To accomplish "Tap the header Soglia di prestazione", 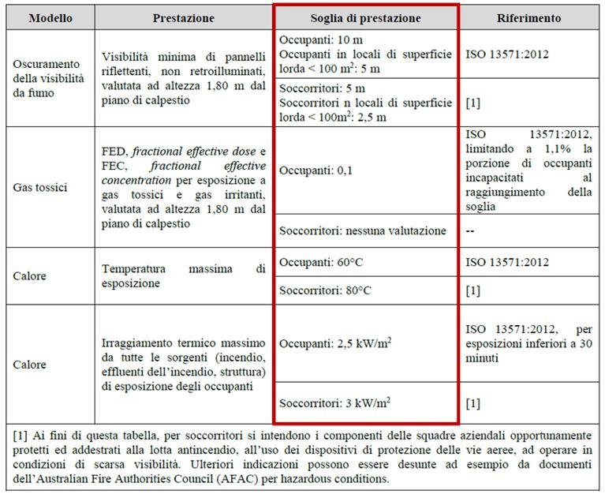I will click(x=365, y=17).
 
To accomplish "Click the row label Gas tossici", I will click(x=40, y=189).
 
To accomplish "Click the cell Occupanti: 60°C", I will click(x=319, y=261).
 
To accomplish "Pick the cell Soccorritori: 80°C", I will click(x=325, y=290).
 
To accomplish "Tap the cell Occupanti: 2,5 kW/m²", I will click(x=335, y=344).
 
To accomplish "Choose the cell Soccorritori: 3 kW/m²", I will click(x=334, y=404).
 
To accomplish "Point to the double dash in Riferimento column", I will click(x=472, y=230).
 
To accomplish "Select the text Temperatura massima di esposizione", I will click(x=184, y=275).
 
